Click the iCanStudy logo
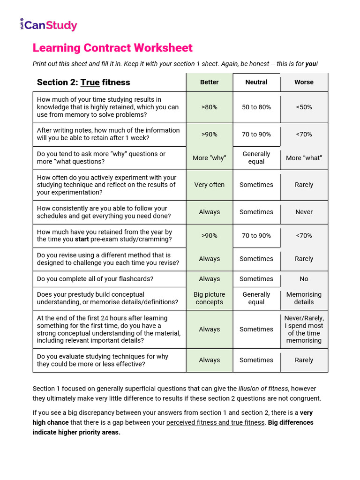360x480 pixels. [48, 25]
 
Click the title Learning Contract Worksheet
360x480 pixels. [112, 48]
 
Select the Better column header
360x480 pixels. [209, 82]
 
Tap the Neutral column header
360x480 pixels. [256, 82]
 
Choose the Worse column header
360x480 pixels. [304, 82]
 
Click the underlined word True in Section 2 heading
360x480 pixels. [90, 82]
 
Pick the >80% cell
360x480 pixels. [209, 107]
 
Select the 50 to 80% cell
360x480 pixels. [256, 107]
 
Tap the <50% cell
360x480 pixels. [304, 107]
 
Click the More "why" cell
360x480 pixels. [209, 158]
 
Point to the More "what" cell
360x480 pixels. [304, 158]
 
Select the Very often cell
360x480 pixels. [209, 185]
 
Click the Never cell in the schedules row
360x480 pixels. [304, 212]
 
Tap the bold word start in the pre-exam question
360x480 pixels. [83, 240]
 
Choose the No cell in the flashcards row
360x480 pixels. [304, 279]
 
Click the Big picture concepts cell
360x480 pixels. [209, 298]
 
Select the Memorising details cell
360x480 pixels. [304, 298]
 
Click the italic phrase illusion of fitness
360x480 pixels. [263, 389]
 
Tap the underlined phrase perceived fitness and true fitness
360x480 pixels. [215, 422]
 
